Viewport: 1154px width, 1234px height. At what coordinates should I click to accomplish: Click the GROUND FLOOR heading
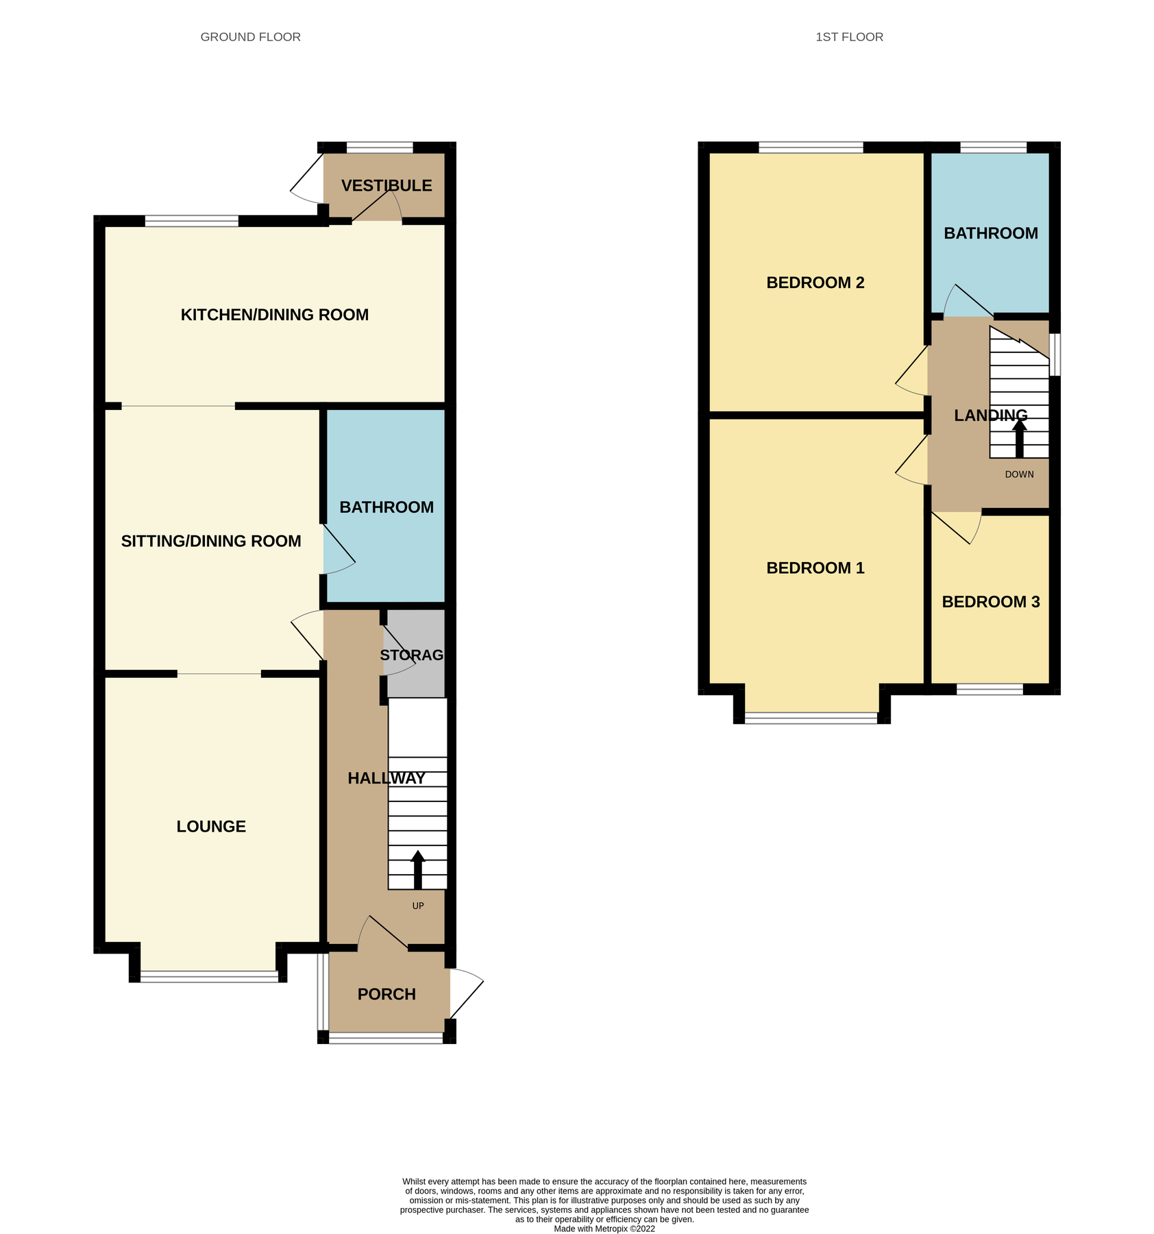coord(250,37)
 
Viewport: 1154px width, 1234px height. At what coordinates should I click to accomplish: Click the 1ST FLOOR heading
coord(849,37)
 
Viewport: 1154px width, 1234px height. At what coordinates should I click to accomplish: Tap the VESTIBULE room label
coord(386,186)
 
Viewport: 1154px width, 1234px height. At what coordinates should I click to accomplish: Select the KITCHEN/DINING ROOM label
coord(274,315)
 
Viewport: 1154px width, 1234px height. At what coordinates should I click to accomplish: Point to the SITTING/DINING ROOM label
coord(211,541)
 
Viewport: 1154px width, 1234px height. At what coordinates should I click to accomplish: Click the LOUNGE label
coord(211,826)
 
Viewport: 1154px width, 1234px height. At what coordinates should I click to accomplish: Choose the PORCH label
coord(386,994)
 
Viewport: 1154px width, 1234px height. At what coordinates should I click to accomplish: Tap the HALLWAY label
coord(386,778)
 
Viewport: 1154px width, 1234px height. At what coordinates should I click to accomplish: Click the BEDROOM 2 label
coord(815,282)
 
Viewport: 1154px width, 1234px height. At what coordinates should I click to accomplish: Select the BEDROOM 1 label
coord(815,568)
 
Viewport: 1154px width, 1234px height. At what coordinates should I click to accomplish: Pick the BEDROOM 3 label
coord(990,602)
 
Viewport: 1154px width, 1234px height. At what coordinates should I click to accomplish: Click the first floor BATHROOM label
coord(990,233)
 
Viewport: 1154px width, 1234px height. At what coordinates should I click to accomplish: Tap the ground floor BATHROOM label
coord(386,507)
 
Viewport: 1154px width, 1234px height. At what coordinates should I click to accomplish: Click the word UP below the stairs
coord(418,906)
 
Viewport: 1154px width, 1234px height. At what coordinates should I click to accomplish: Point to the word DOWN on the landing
coord(1019,474)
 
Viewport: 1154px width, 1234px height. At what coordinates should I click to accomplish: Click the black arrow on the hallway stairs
coord(417,869)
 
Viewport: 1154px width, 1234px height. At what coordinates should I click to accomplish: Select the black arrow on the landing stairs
coord(1020,438)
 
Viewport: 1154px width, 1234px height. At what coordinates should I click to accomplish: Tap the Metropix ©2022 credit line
coord(604,1229)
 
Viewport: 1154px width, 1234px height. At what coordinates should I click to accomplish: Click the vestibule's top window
coord(380,147)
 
